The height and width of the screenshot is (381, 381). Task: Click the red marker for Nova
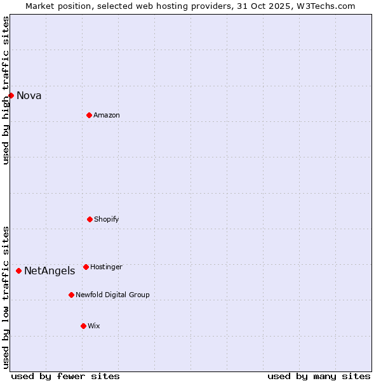11,95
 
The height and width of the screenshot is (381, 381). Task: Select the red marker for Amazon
89,115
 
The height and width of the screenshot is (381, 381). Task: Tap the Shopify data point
90,219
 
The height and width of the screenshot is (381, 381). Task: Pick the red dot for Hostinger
86,267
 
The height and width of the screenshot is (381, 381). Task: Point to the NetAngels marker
18,271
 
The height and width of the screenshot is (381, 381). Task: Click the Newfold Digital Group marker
71,295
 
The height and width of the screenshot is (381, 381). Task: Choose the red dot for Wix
83,326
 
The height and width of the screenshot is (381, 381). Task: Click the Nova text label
29,96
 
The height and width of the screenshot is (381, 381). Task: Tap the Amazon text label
107,116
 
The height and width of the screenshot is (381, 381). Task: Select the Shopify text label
107,220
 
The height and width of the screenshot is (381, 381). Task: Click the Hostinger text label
106,267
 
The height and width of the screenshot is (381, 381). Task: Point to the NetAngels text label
50,271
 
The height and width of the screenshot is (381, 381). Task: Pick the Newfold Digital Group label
112,295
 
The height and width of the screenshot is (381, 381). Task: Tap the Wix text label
94,326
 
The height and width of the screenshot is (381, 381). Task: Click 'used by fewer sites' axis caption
65,377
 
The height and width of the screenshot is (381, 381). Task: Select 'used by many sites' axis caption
319,377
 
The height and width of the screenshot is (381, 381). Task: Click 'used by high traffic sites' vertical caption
6,90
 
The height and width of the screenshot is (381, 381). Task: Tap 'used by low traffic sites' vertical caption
6,297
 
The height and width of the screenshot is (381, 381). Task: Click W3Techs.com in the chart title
328,6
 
